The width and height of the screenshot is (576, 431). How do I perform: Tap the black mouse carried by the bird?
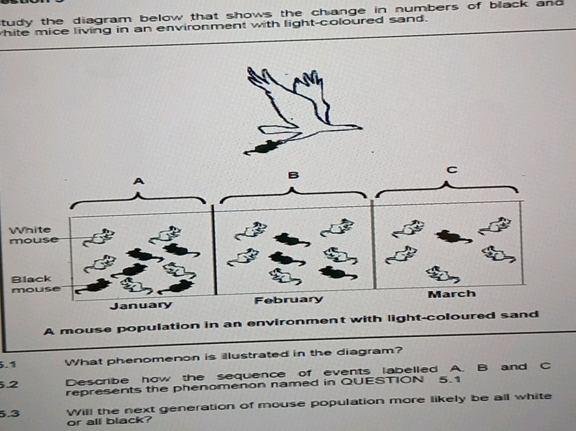pos(262,147)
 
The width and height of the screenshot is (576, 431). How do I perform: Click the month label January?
pos(141,305)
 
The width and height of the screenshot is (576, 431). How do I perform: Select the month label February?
pos(289,300)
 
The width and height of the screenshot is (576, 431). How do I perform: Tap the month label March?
pos(452,294)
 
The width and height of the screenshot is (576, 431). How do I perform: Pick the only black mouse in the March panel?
pos(453,237)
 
